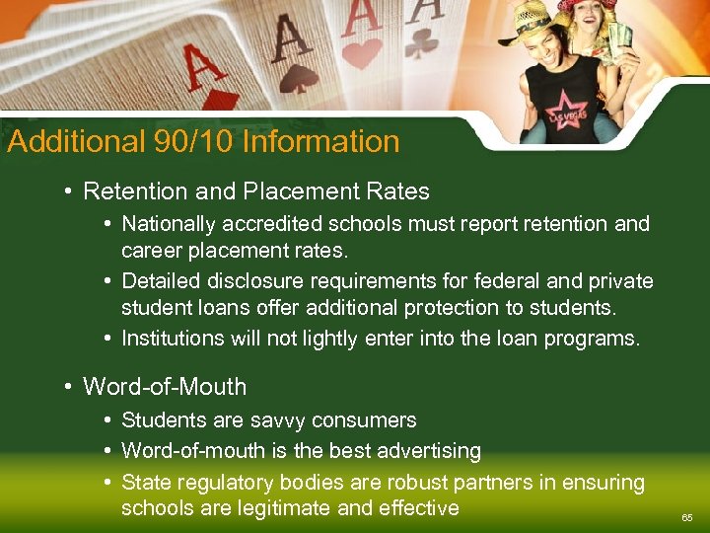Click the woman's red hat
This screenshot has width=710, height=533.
tap(589, 7)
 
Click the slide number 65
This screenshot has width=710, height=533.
tap(687, 517)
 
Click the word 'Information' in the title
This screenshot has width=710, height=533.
tap(320, 141)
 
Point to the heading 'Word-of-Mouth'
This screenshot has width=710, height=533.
tap(165, 387)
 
